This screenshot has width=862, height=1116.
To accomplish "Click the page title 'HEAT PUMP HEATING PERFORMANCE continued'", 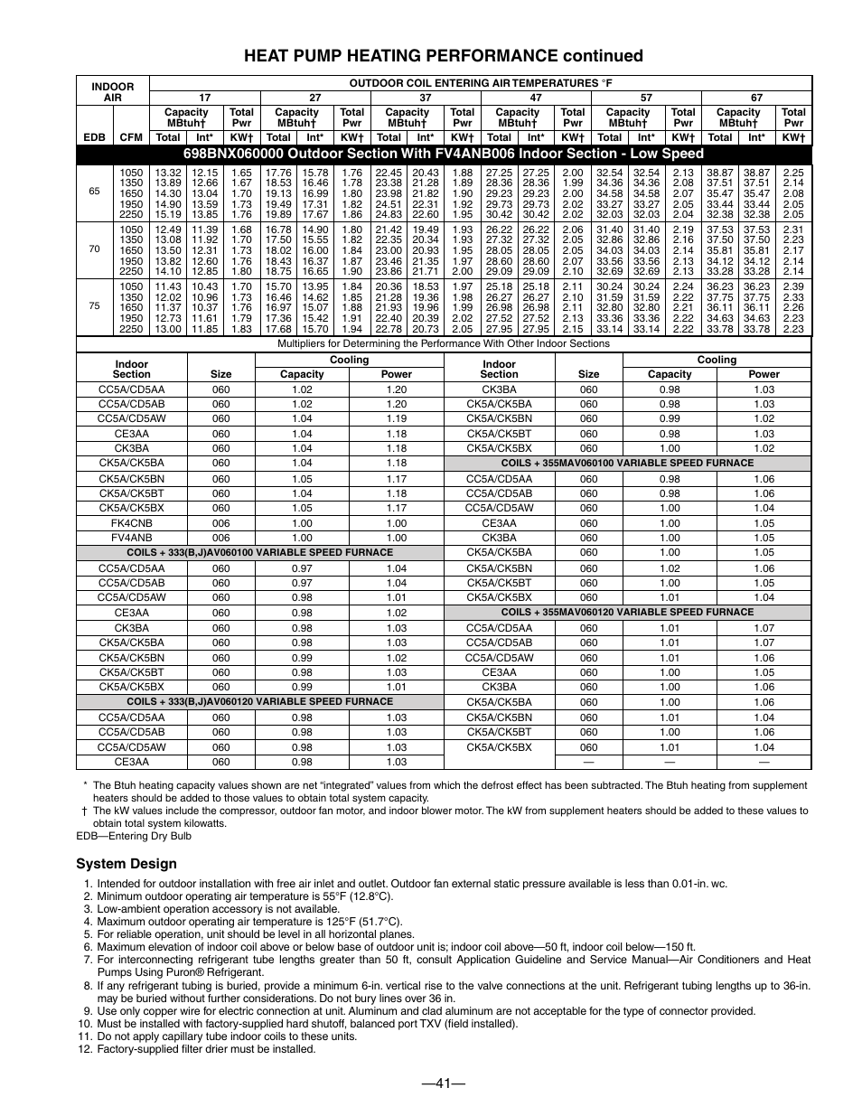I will pos(443,56).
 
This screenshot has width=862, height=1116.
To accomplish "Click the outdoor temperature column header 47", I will pos(536,98).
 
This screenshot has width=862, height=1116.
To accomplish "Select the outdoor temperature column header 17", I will pos(205,98).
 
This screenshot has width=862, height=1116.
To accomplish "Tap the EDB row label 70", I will pos(94,248).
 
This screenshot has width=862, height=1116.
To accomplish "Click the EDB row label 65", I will pos(94,192).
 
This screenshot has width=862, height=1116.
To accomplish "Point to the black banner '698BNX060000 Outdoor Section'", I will pos(443,154).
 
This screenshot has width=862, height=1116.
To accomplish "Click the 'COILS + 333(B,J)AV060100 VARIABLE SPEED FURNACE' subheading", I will pos(259,552).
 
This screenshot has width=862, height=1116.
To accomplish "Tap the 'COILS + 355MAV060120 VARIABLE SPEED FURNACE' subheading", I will pos(627,612).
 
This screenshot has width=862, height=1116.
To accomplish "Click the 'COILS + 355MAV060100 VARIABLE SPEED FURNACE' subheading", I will pos(627,463).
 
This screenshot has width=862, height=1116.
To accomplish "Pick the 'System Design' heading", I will pos(126,863).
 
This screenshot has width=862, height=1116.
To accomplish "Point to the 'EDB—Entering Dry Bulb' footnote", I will pos(134,836).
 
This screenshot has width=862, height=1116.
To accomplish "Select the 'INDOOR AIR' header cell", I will pos(112,92).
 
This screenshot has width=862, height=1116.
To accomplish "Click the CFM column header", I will pos(130,137).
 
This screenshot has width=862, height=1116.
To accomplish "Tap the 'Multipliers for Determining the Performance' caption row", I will pos(443,344).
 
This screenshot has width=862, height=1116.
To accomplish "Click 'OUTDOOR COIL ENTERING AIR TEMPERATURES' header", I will pos(480,83).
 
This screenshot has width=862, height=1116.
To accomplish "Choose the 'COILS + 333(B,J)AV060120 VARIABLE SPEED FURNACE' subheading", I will pos(259,701).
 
